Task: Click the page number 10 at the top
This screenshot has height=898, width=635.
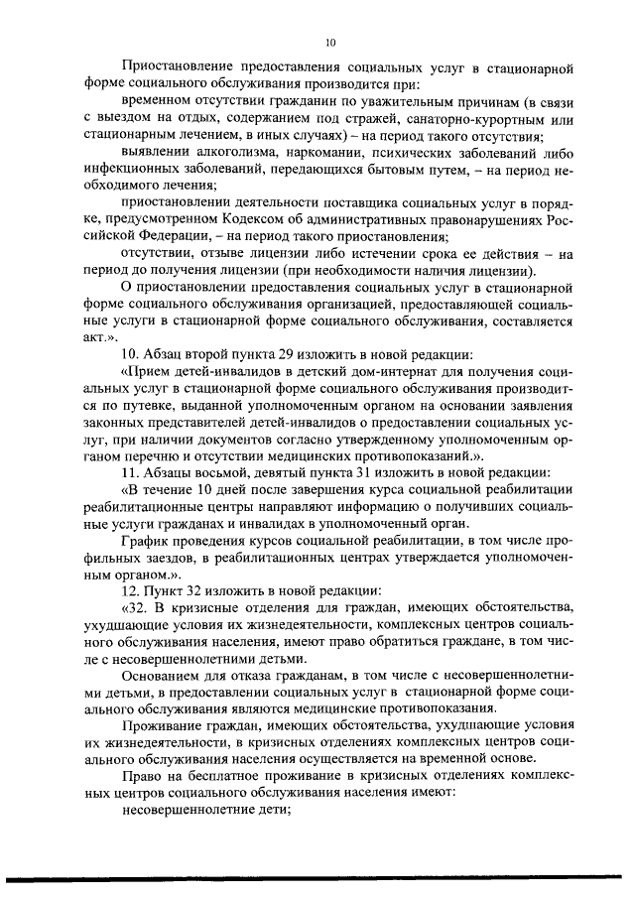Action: tap(331, 42)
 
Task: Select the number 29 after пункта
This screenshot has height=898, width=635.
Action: tap(304, 356)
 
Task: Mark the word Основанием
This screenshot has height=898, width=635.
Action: tap(163, 677)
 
